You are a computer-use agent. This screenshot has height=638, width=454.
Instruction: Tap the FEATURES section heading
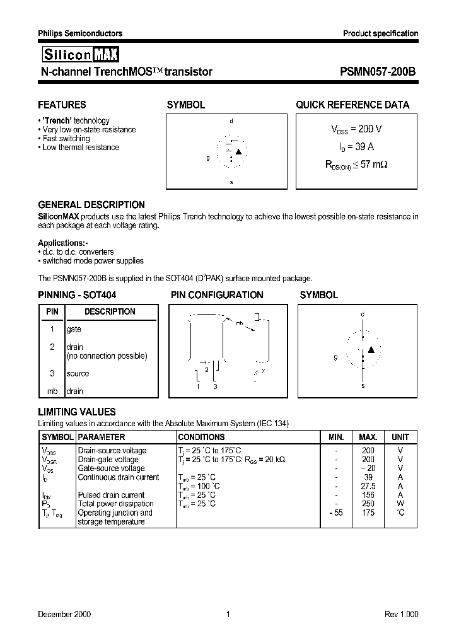tap(62, 105)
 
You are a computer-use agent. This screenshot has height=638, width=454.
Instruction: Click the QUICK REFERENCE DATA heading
tap(352, 105)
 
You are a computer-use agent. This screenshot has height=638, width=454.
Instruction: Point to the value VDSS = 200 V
tap(356, 129)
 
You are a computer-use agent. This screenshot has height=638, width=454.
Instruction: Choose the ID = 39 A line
tap(356, 146)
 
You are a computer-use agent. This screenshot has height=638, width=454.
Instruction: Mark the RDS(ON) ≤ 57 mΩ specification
tap(356, 164)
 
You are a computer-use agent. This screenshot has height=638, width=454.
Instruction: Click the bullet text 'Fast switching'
tap(66, 139)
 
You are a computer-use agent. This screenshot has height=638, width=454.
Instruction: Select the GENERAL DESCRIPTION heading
tap(91, 205)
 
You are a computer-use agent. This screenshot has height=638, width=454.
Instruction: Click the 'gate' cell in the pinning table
tap(74, 329)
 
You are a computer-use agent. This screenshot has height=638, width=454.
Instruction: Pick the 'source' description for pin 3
tap(78, 373)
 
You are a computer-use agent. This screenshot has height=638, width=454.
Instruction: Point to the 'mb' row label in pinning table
tap(52, 391)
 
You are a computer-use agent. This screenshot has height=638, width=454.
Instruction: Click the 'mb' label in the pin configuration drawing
tap(239, 323)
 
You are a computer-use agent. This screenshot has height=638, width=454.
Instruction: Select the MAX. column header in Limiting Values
tap(368, 437)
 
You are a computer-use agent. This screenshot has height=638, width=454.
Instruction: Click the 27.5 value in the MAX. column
tap(368, 486)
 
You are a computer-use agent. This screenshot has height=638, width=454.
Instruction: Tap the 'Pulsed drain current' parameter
tap(111, 495)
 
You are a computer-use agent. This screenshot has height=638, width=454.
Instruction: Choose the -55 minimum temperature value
tap(335, 513)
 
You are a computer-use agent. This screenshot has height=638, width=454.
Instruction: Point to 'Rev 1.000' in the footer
tap(401, 614)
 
